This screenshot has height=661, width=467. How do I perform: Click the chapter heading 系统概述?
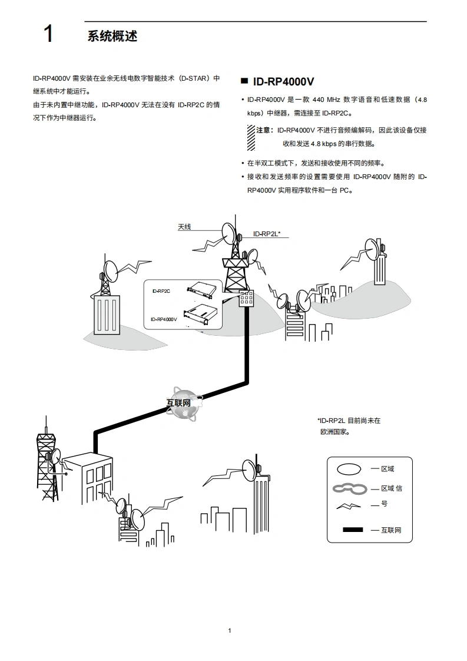(x=112, y=36)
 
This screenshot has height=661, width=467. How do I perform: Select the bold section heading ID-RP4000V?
(x=283, y=82)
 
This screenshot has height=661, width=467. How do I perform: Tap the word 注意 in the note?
(x=265, y=130)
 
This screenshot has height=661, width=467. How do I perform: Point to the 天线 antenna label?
(x=184, y=227)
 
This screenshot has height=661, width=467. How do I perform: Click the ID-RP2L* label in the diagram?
(x=267, y=234)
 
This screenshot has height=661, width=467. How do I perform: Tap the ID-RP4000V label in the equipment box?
(x=164, y=319)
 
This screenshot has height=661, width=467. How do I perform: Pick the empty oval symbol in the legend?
(x=349, y=469)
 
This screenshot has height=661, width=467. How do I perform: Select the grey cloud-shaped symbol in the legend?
(x=349, y=488)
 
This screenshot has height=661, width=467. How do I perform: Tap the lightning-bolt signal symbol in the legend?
(x=347, y=506)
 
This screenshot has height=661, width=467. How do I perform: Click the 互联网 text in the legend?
(x=390, y=530)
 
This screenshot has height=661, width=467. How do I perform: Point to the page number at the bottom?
(x=230, y=631)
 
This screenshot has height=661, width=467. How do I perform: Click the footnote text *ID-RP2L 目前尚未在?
(x=349, y=421)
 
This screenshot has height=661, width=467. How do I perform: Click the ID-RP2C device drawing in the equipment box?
(x=201, y=288)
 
